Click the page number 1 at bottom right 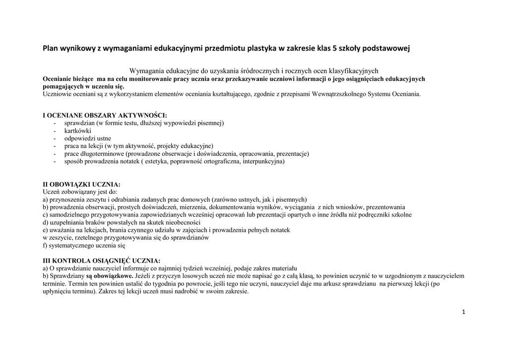click(x=463, y=312)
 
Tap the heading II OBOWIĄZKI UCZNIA click(x=82, y=184)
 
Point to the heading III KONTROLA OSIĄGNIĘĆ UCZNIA click(x=102, y=261)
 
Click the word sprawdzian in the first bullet click(x=80, y=123)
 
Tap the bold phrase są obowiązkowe click(x=109, y=276)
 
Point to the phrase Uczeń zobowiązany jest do click(x=80, y=192)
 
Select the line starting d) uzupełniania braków click(x=121, y=222)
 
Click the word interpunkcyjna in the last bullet click(x=263, y=161)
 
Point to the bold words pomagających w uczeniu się click(x=83, y=86)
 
